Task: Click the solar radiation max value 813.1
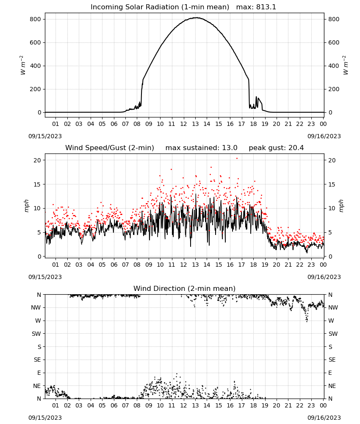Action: pos(266,7)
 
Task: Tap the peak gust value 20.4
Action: pos(295,148)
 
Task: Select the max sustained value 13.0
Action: pos(230,148)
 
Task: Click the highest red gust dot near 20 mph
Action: pos(237,159)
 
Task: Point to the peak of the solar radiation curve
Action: pos(197,18)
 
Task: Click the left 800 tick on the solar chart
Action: pos(36,19)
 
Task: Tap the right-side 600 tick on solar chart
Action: pos(334,42)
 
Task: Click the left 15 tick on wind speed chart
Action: pos(37,184)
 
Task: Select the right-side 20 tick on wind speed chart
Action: pos(332,160)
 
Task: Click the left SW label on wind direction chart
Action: pos(36,334)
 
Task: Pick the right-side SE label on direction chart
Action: pos(332,360)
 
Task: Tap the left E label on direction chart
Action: pos(39,373)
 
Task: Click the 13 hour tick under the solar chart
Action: pos(195,124)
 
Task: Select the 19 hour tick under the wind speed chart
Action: pos(265,265)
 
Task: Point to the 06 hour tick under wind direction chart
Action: pos(114,406)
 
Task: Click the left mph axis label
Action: pos(26,206)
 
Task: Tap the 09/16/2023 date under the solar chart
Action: pos(324,136)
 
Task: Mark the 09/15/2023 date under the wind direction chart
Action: pos(45,418)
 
